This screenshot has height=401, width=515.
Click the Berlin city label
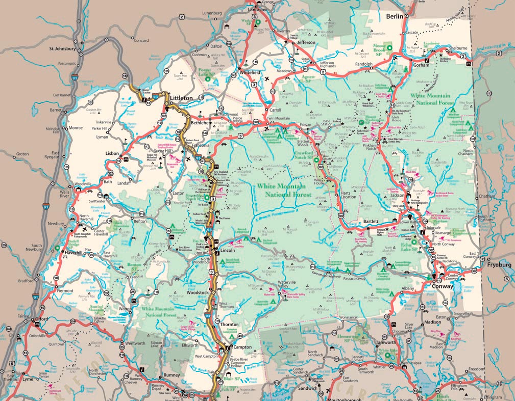pos(395,17)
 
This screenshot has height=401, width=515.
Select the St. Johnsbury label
pos(62,49)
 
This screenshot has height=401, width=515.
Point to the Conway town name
pos(443,286)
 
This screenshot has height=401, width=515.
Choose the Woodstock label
pos(198,293)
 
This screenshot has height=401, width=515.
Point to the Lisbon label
pos(112,153)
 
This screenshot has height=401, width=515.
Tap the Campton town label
pos(242,347)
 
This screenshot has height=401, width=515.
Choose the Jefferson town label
pos(306,43)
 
